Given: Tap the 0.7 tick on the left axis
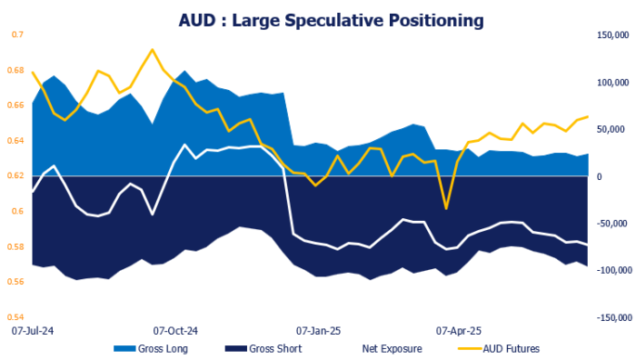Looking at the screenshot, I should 16,35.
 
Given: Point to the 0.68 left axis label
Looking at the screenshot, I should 16,70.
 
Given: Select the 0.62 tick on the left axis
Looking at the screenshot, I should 16,176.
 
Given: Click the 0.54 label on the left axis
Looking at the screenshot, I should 16,317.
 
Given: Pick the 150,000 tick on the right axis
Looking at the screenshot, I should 609,35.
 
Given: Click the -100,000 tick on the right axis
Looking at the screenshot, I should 609,270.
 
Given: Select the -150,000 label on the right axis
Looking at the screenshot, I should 609,317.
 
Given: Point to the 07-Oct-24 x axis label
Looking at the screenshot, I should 175,331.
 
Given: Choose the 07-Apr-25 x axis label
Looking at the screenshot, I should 460,331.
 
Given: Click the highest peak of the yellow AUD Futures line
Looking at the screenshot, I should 152,49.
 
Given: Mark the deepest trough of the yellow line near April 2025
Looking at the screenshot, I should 446,208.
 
